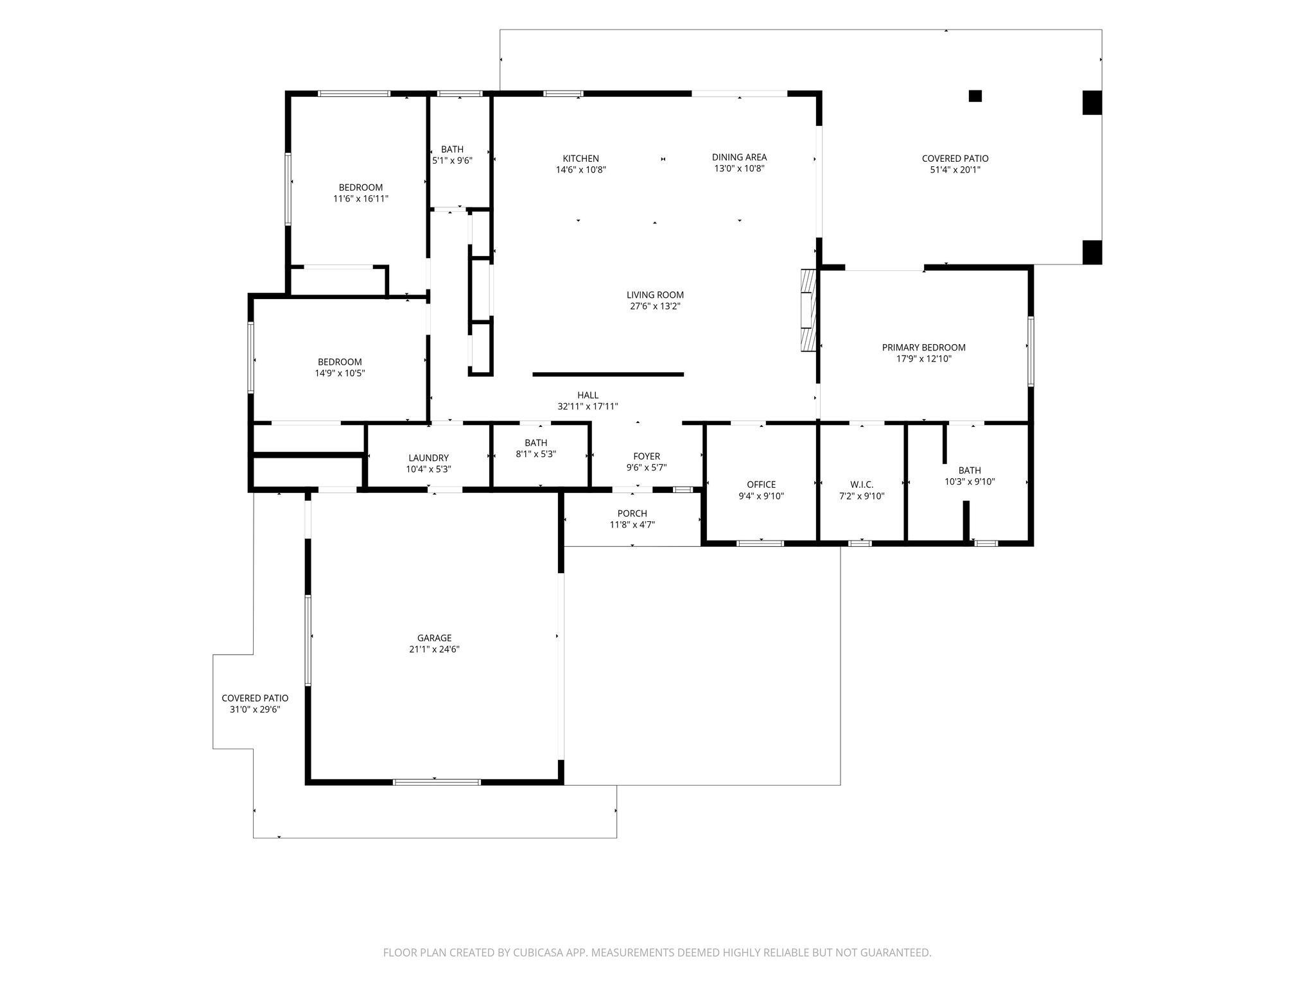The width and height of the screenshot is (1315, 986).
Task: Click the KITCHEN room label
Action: click(x=580, y=159)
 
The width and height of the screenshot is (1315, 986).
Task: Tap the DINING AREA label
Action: click(x=739, y=157)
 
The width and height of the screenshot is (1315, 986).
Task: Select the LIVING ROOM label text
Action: click(x=655, y=295)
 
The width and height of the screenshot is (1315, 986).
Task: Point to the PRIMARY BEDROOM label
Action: click(x=923, y=348)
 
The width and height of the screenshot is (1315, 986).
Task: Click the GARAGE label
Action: click(x=434, y=638)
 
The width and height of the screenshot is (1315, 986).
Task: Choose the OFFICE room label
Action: click(x=761, y=485)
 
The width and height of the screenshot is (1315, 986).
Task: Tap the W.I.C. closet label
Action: click(x=862, y=485)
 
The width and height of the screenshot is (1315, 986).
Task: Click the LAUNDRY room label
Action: click(x=428, y=458)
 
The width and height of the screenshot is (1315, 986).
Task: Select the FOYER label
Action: click(x=647, y=456)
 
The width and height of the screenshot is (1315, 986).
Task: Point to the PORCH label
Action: click(x=632, y=514)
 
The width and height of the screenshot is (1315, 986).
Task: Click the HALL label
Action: click(x=588, y=395)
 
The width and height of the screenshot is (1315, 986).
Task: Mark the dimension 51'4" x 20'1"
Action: click(x=955, y=170)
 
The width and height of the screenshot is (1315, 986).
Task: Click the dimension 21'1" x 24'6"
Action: click(x=434, y=649)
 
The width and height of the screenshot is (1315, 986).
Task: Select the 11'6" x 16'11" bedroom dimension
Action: click(x=360, y=199)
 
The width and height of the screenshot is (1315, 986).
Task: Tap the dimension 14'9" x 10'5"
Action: click(x=340, y=373)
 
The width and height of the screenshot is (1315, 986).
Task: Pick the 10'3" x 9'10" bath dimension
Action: click(x=970, y=481)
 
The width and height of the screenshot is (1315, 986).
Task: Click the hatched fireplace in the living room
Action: click(x=808, y=311)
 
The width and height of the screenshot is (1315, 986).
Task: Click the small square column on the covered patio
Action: click(x=975, y=96)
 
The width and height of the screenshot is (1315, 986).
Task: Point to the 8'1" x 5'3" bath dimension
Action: click(x=536, y=454)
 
